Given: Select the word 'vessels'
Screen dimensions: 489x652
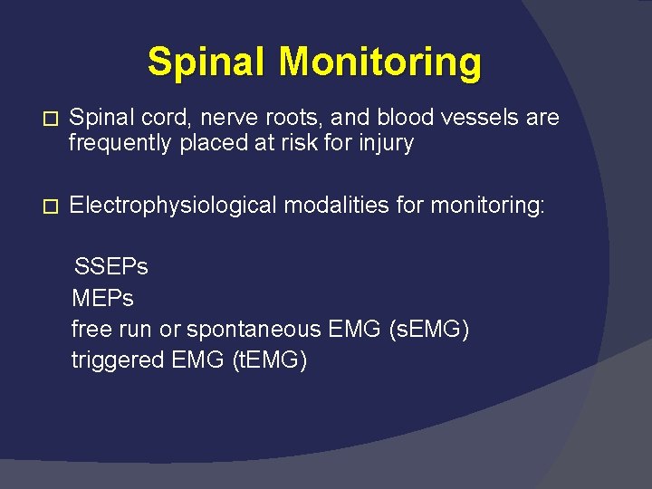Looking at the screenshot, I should click(x=475, y=118).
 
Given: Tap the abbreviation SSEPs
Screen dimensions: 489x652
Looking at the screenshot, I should click(x=110, y=267).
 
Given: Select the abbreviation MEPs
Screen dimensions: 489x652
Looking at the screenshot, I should click(x=102, y=298).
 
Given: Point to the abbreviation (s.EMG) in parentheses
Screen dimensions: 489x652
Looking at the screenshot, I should click(x=428, y=329).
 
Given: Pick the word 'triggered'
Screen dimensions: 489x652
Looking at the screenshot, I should click(x=117, y=360).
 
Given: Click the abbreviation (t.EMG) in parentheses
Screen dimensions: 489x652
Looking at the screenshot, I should click(x=270, y=360).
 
